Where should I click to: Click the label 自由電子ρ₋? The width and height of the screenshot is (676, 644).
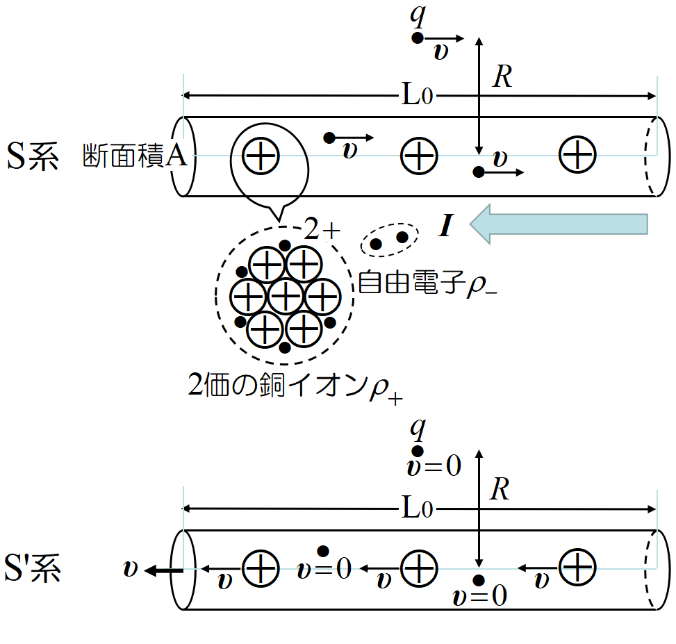tap(427, 282)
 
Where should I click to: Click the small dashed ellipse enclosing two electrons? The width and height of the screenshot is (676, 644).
tap(389, 240)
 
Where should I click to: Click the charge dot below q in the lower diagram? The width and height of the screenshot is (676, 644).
tap(418, 451)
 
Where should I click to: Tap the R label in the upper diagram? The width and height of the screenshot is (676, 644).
tap(502, 78)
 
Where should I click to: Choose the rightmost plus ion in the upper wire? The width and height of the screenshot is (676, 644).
tap(577, 155)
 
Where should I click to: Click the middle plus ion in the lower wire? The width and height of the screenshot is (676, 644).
tap(419, 568)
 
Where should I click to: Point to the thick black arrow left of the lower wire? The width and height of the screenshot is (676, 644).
tap(164, 570)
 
